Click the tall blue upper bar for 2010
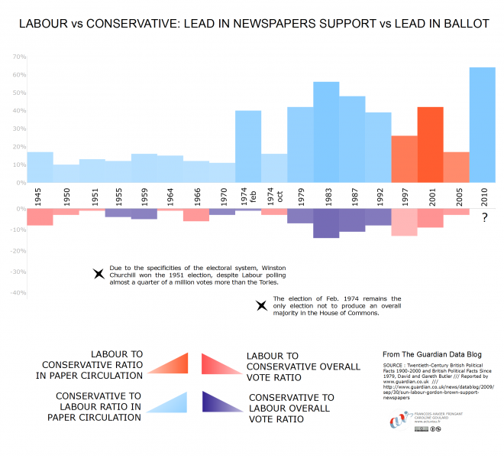tap(482, 125)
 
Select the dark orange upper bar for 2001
tap(430, 145)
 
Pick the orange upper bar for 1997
tap(404, 159)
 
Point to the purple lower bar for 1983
tap(326, 223)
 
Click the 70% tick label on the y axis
tap(19, 57)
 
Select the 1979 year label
tap(300, 195)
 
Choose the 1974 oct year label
tap(274, 195)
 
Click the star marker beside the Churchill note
tap(98, 274)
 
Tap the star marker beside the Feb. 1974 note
tap(260, 305)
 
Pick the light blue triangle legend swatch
tap(170, 402)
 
